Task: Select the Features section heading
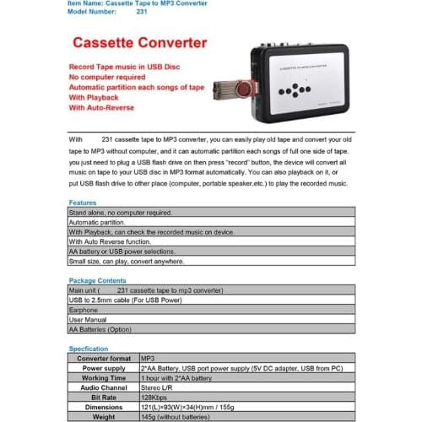tap(83, 203)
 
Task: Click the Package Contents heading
tap(97, 279)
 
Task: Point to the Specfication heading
tap(89, 348)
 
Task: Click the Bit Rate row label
tap(102, 396)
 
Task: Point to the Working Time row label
tap(102, 377)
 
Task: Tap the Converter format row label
tap(102, 358)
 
